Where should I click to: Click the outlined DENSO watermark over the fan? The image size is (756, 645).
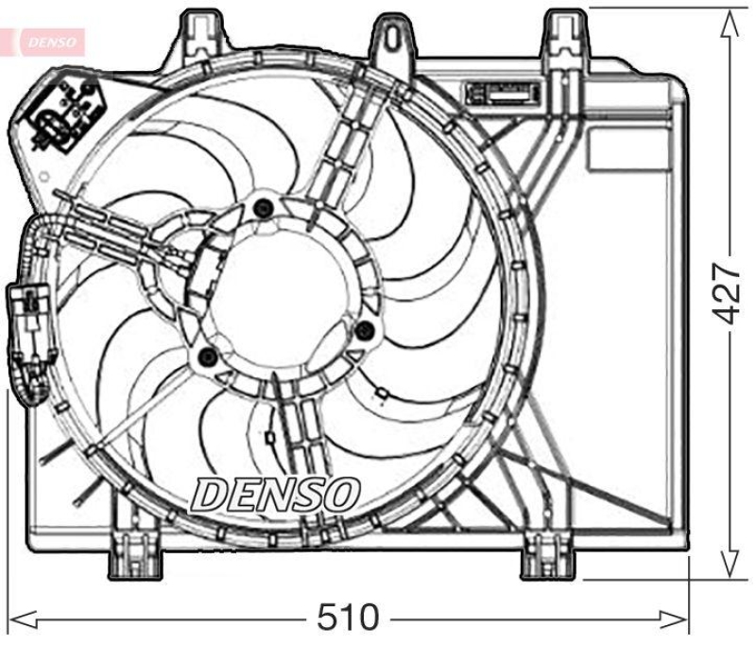tap(276, 494)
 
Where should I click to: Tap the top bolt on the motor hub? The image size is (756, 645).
tap(264, 208)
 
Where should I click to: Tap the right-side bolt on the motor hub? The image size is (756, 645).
tap(365, 329)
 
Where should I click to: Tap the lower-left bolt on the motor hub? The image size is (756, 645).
tap(208, 357)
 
